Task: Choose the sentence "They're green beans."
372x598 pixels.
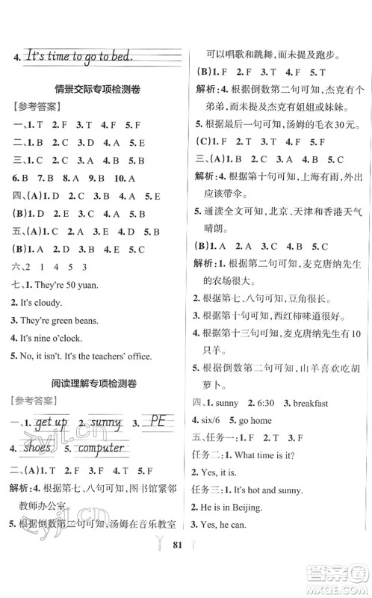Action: click(60, 321)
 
